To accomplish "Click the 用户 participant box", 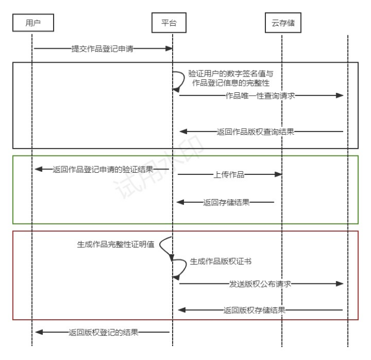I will pos(33,23).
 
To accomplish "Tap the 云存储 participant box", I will pos(283,23).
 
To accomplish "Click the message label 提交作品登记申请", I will pos(102,49).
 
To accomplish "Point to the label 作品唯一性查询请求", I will pos(261,95).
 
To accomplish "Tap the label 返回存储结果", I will pos(226,202).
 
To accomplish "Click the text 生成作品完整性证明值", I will pos(116,245).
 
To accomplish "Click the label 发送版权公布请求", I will pos(260,283).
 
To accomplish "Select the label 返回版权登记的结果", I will pos(103,332).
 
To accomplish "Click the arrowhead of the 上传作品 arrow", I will pos(279,174).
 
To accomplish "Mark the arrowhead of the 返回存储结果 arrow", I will pos(181,202).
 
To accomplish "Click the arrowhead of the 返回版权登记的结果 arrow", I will pos(38,332).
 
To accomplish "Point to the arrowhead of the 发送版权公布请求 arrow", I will pos(339,283).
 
